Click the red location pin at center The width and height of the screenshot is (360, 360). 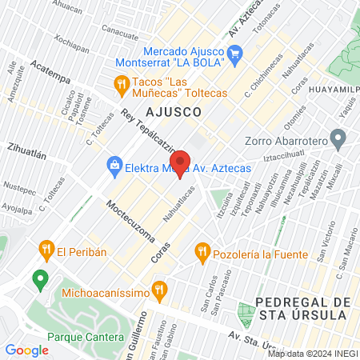[180, 162]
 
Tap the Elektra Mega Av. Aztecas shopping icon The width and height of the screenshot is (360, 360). [114, 167]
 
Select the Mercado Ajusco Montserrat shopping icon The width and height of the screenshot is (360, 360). [234, 54]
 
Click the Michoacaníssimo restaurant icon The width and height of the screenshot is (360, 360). [159, 292]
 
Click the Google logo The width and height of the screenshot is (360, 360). [26, 350]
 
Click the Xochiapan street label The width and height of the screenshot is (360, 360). [73, 42]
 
